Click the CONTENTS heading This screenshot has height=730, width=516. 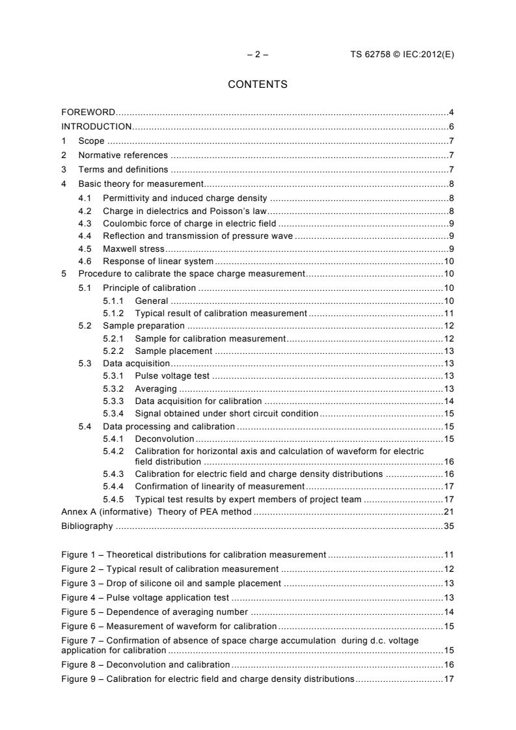coord(258,85)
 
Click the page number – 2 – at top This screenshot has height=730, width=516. coord(258,55)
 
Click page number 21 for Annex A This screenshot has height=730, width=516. coord(448,513)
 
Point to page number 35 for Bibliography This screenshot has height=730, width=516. coord(448,526)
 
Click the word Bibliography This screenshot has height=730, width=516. coord(87,526)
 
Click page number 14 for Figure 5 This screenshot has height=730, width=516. coord(448,612)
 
